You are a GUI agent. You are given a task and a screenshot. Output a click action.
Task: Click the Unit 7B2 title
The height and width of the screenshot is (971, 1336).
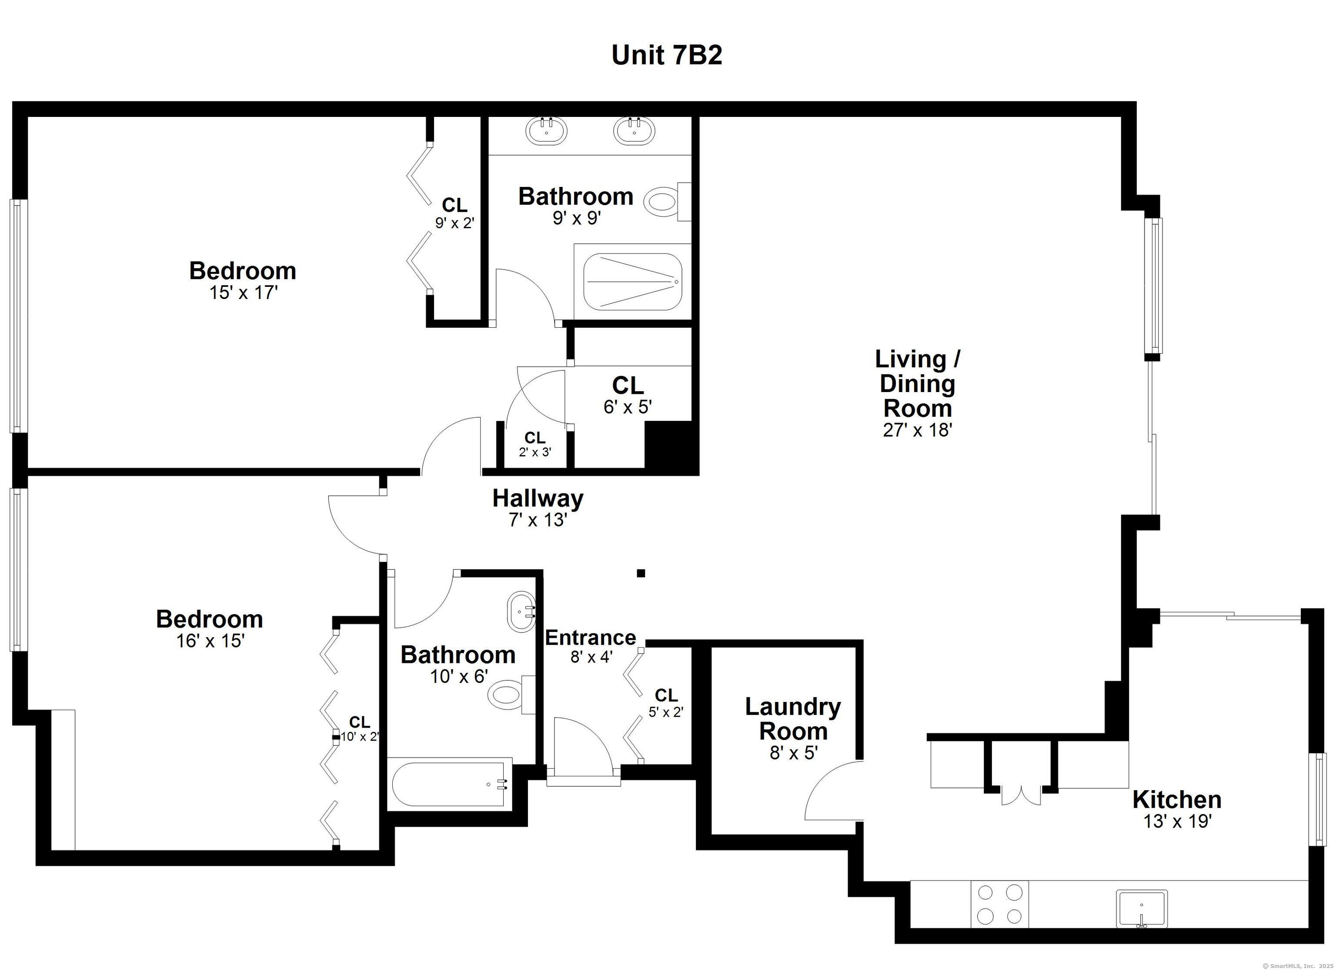(667, 55)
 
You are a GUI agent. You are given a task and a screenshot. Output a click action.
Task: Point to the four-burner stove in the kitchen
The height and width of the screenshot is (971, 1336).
(1000, 904)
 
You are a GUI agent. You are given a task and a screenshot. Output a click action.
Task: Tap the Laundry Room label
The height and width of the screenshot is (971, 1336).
(793, 719)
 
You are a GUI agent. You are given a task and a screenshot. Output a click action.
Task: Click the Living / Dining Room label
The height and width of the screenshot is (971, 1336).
(917, 383)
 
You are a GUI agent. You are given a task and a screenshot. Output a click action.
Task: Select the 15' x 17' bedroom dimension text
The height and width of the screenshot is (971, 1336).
(243, 293)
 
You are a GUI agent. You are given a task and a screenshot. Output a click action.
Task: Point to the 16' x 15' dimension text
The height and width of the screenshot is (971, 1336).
(210, 641)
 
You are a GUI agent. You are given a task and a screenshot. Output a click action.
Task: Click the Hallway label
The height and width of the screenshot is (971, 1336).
(538, 499)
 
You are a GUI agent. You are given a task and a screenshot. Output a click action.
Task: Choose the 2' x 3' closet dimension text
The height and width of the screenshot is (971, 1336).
(535, 452)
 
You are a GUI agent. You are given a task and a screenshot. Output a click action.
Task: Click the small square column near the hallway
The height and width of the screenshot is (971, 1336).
(641, 573)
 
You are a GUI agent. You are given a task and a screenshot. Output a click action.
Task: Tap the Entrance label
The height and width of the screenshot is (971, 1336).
(590, 638)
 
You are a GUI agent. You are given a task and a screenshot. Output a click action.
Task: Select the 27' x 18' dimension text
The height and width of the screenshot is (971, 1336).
(918, 430)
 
